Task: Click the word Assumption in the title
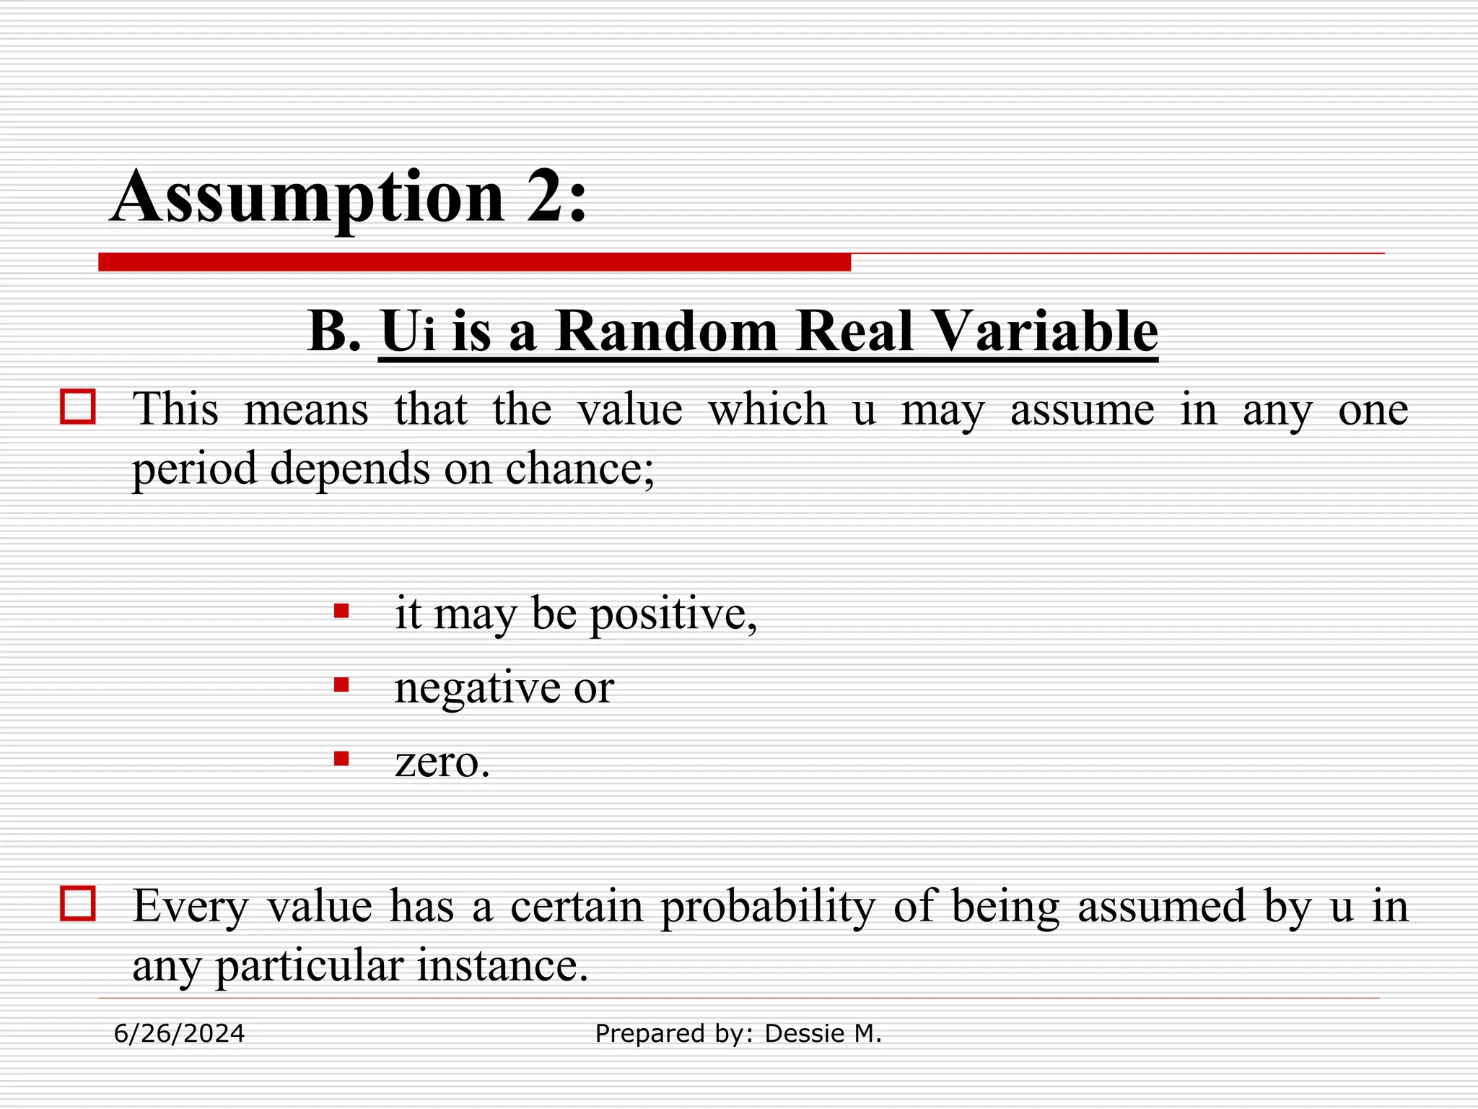coord(308,196)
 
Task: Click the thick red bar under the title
coord(474,262)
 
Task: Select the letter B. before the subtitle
coord(334,331)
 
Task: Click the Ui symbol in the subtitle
coord(408,331)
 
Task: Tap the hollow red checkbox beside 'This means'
coord(78,406)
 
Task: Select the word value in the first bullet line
coord(630,409)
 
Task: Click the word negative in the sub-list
coord(476,687)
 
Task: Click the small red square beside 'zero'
coord(341,759)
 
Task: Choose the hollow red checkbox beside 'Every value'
coord(78,903)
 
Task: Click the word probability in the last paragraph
coord(768,907)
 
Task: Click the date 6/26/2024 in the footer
coord(180,1034)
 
